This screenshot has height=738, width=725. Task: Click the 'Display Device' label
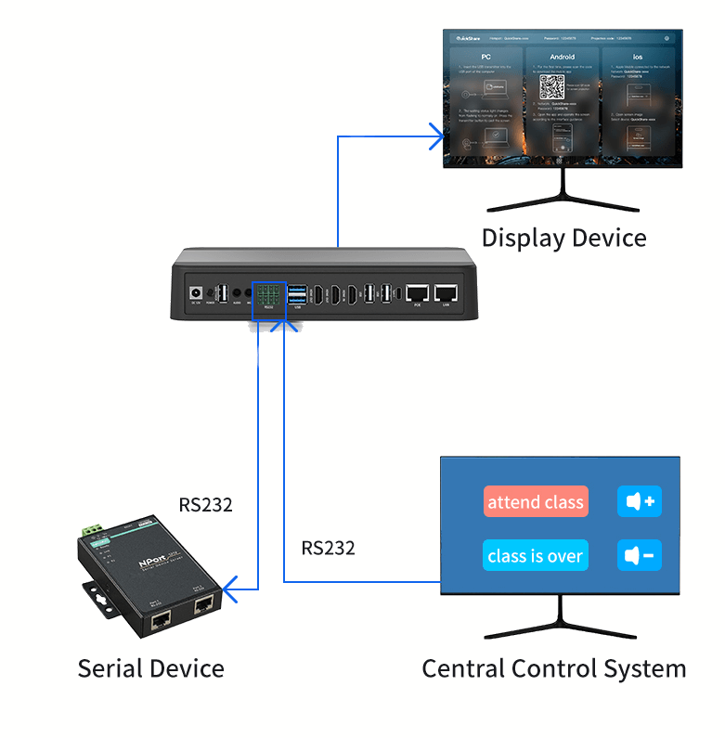tap(563, 238)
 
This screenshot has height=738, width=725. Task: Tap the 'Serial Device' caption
tap(150, 668)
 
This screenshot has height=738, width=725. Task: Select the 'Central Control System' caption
tap(553, 668)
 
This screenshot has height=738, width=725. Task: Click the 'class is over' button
tap(536, 556)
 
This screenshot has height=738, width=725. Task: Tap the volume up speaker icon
tap(640, 502)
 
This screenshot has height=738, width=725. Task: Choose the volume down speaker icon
tap(640, 556)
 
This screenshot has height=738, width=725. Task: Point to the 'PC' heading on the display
tap(485, 57)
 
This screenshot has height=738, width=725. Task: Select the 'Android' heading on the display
tap(562, 57)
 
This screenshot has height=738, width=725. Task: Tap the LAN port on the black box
tap(447, 292)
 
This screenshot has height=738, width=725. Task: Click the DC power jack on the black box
tap(197, 291)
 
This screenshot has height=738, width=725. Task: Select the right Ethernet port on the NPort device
tap(202, 608)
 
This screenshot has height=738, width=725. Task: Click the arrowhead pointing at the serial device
tap(229, 586)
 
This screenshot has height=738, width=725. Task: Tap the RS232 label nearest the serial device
tap(205, 506)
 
